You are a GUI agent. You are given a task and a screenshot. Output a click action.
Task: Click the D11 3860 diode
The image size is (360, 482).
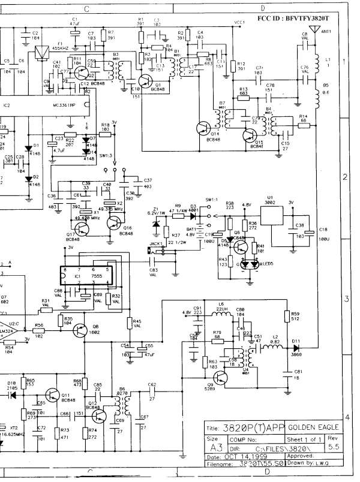(296, 347)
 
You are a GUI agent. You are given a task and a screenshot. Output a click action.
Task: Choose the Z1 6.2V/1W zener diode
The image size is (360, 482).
(155, 224)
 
